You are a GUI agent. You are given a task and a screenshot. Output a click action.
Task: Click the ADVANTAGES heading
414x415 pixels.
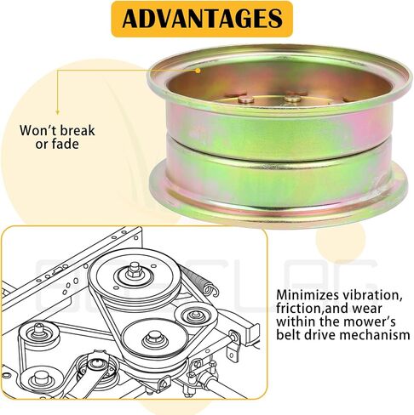[x=202, y=19]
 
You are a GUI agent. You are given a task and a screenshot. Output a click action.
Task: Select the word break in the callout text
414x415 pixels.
[x=78, y=130]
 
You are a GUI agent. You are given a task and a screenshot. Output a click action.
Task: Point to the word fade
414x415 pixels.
[x=66, y=144]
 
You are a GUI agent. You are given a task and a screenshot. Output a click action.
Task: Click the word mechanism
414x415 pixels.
[x=375, y=335]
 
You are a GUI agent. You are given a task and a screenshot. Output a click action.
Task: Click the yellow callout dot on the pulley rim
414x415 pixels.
[x=198, y=71]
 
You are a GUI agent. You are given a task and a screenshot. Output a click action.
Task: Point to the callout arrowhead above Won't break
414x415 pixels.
[x=57, y=112]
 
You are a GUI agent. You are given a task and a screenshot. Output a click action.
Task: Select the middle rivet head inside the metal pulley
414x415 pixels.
[x=293, y=99]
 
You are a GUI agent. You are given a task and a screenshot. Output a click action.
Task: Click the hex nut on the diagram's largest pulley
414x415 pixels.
[x=133, y=270]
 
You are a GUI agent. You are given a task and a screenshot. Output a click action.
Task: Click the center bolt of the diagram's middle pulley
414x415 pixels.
[x=151, y=338]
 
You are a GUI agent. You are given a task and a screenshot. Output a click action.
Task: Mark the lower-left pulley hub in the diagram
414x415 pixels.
[x=39, y=378]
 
